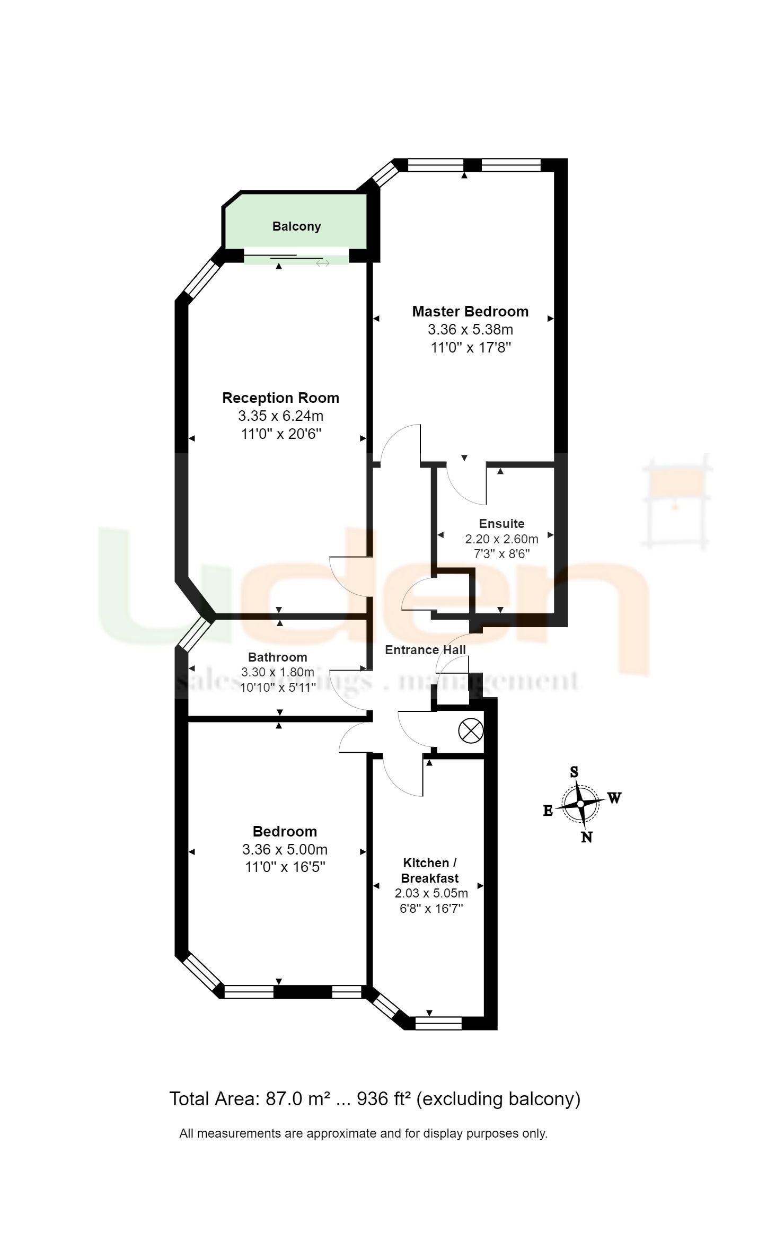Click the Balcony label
296,226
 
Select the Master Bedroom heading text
470,311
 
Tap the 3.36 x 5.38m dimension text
470,329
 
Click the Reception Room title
280,398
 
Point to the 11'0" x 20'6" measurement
281,434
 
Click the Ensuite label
501,523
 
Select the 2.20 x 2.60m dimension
501,539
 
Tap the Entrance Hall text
425,650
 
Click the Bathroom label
277,657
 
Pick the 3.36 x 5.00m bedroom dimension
285,849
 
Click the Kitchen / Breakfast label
429,870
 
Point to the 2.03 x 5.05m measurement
431,893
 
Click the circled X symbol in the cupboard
470,732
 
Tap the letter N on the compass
586,838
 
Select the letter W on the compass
614,798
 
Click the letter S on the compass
574,772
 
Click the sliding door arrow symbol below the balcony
322,263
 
